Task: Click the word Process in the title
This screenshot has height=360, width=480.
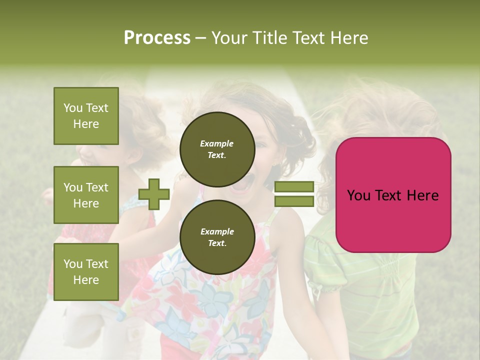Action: [157, 38]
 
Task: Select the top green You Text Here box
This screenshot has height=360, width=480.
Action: [86, 116]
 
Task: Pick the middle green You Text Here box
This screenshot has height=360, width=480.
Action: [86, 195]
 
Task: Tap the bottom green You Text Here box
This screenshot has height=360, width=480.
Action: [86, 271]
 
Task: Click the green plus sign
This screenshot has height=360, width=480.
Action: [154, 194]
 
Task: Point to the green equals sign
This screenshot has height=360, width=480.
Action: [294, 194]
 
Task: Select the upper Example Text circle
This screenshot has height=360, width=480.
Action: [217, 149]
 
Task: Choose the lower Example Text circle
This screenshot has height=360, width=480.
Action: [217, 237]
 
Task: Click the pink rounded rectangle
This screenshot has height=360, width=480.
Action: [393, 195]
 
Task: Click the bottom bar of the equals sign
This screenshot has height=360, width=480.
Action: [294, 201]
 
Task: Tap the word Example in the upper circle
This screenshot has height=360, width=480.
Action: [217, 143]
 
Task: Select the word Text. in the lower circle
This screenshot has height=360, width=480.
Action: [217, 243]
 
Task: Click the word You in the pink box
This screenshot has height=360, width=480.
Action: [358, 195]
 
